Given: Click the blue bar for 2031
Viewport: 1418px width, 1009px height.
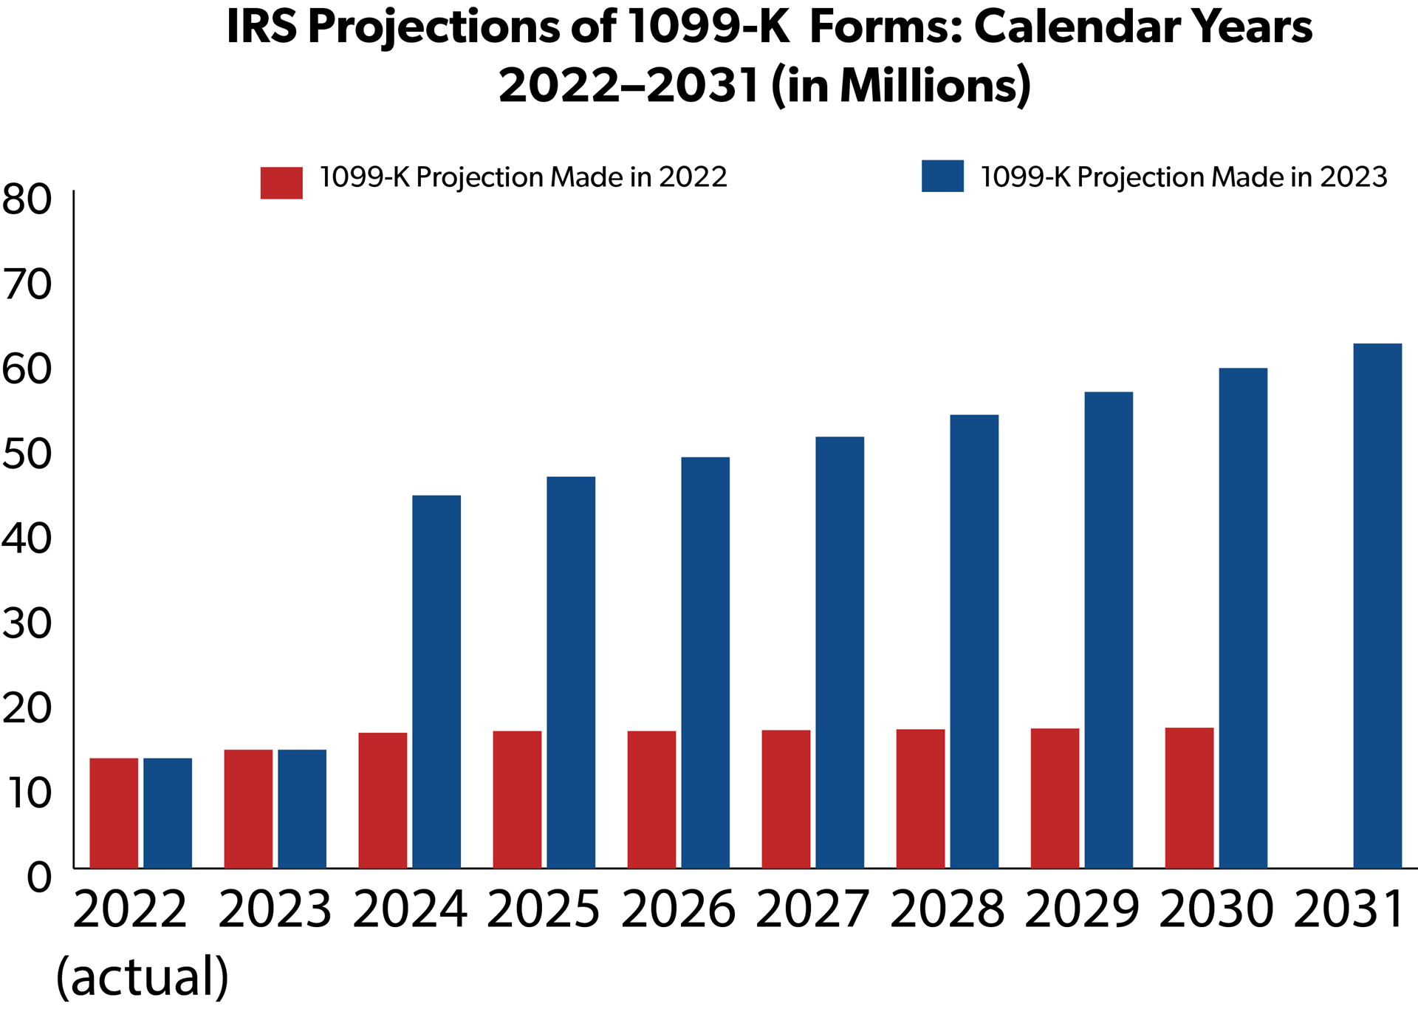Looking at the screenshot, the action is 1377,606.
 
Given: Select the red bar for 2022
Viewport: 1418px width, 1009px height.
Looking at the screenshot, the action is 114,813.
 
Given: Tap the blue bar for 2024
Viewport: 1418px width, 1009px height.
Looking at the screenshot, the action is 436,682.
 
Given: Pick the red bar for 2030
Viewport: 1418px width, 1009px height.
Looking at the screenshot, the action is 1189,798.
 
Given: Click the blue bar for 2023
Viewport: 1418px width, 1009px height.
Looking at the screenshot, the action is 302,809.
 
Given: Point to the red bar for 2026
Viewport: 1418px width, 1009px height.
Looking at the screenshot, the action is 651,799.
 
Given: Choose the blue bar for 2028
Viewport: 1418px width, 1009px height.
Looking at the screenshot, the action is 974,641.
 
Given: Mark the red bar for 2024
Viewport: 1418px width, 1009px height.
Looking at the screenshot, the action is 383,800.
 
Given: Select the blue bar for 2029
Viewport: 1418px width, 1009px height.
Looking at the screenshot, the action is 1109,630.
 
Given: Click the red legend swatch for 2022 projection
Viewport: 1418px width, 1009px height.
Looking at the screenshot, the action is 281,182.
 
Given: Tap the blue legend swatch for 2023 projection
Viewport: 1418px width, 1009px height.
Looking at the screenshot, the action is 942,176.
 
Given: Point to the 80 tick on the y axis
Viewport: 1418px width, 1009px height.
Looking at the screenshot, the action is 27,199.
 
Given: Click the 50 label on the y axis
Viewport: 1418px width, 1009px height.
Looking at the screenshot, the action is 27,454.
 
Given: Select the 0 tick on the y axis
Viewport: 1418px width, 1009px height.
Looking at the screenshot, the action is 40,878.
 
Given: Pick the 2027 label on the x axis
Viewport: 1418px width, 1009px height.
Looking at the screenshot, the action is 812,909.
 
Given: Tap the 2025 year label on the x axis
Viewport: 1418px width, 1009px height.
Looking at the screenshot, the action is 544,909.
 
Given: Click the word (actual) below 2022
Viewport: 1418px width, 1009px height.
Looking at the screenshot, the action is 143,976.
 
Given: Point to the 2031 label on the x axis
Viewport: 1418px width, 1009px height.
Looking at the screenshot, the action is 1349,909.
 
